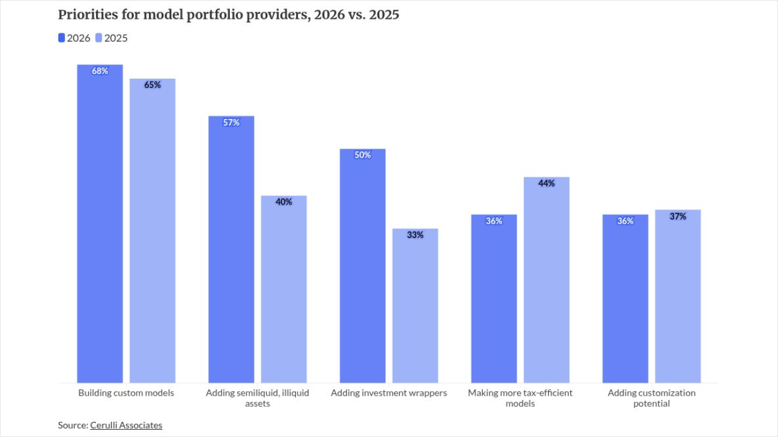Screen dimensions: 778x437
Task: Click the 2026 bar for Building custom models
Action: [100, 224]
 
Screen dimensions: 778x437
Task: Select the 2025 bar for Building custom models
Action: [153, 231]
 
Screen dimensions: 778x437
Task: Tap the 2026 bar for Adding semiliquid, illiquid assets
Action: [232, 249]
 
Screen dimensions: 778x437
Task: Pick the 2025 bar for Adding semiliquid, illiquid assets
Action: [284, 290]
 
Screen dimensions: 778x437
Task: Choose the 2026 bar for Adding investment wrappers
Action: [363, 266]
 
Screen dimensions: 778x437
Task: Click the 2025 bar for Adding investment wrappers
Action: [415, 306]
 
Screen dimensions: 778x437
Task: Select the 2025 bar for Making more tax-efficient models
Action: [546, 280]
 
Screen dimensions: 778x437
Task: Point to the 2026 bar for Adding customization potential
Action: [625, 299]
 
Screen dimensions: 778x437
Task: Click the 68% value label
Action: [100, 71]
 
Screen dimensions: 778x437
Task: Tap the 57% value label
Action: [232, 123]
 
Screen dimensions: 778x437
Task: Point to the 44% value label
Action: [546, 183]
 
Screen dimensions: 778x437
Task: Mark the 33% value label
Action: [415, 235]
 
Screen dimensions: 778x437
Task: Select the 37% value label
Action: [678, 217]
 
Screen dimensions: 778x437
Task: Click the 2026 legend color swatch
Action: [61, 38]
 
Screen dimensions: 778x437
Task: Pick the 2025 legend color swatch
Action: [99, 38]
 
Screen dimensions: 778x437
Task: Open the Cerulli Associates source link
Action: [126, 425]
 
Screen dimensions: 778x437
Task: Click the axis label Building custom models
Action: [126, 393]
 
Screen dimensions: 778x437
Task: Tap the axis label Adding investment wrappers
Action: [389, 393]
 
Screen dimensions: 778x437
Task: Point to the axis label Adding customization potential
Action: [652, 398]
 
